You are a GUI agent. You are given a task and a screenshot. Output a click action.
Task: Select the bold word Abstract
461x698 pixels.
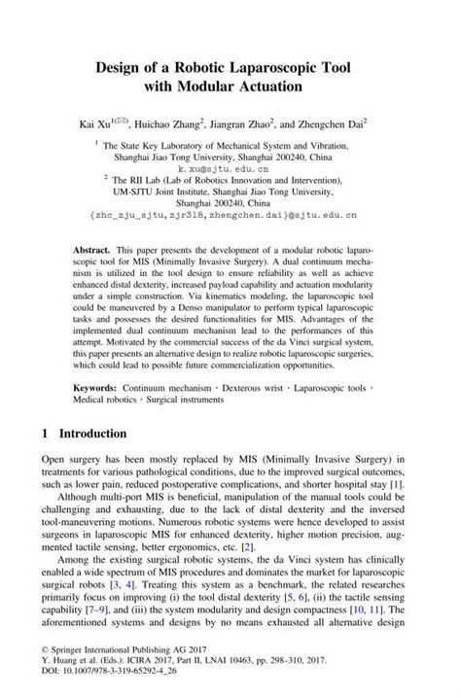click(90, 250)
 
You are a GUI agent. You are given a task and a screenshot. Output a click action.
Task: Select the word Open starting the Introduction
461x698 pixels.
click(56, 458)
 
